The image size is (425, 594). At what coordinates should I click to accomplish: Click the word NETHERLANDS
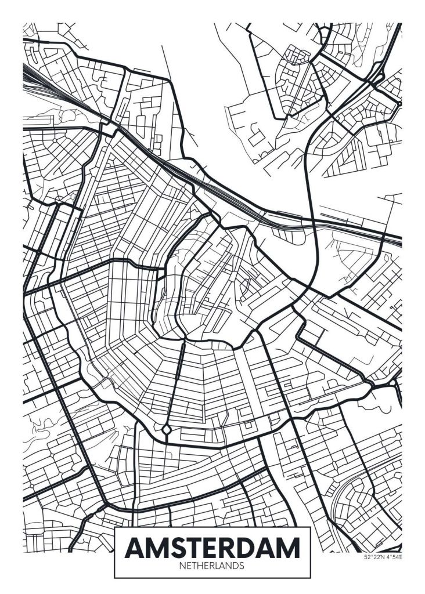pos(212,564)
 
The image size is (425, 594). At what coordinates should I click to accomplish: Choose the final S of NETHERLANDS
pos(242,564)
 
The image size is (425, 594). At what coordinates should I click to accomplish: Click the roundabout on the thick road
pos(167,430)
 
